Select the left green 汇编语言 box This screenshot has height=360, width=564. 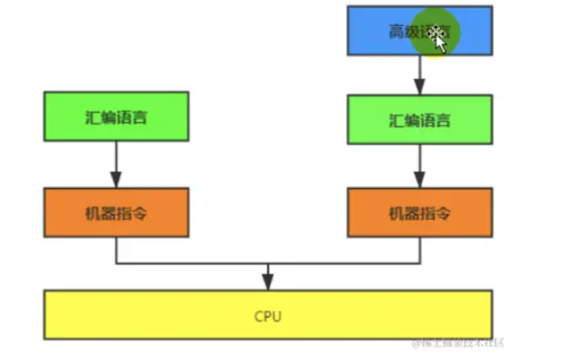[116, 116]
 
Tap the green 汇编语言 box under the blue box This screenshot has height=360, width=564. [419, 119]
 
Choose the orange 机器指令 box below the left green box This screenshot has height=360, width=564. [116, 212]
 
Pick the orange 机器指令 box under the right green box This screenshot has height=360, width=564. [419, 212]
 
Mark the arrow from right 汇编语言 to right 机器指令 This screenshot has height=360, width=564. [419, 166]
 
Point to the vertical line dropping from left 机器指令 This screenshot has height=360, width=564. [116, 250]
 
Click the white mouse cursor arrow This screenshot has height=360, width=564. [441, 43]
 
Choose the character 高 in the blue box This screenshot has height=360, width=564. [396, 32]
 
